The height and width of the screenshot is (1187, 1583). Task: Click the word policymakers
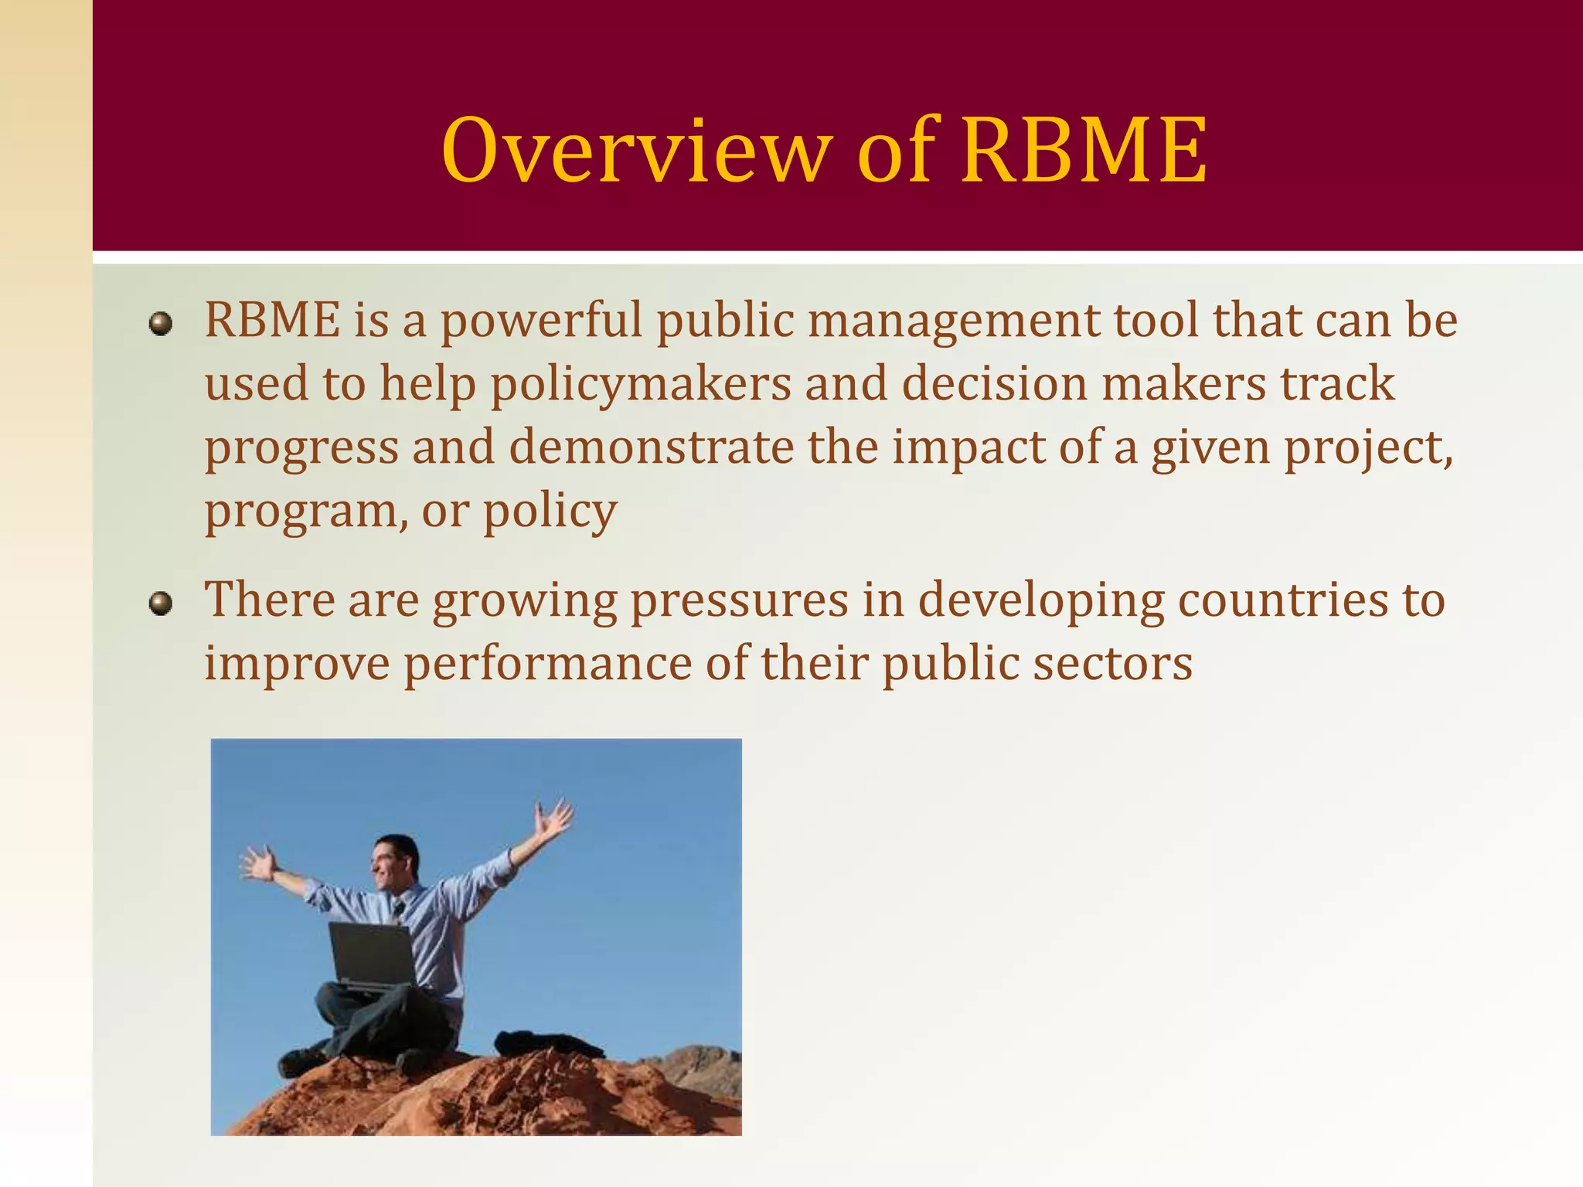coord(641,384)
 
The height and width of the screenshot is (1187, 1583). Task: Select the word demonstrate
coord(651,447)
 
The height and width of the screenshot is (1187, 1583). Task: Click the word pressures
coord(740,600)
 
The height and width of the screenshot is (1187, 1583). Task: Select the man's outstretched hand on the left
coord(258,864)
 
